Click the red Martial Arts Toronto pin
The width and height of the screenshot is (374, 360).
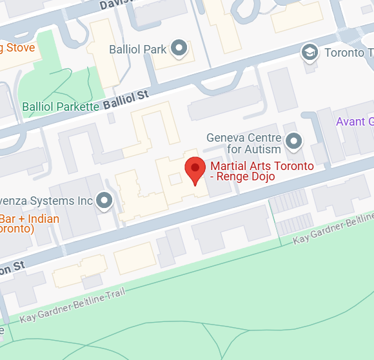click(195, 169)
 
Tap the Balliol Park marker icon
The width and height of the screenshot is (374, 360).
click(180, 48)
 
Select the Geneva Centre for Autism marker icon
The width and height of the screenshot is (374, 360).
click(294, 140)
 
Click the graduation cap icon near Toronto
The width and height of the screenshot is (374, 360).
click(311, 52)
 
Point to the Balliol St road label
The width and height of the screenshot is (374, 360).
click(126, 100)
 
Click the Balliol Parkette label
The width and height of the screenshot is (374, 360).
click(61, 106)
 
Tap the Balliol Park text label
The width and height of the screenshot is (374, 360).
click(138, 49)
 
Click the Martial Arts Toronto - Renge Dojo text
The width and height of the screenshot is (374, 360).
click(262, 171)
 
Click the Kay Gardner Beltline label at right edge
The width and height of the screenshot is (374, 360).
click(333, 229)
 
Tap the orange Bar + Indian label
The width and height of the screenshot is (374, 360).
click(30, 219)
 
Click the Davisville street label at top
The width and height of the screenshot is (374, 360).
click(119, 5)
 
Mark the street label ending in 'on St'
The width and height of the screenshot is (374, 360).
click(12, 265)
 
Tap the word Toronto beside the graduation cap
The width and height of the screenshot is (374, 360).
click(349, 52)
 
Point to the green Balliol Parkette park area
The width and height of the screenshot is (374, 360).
click(61, 87)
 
